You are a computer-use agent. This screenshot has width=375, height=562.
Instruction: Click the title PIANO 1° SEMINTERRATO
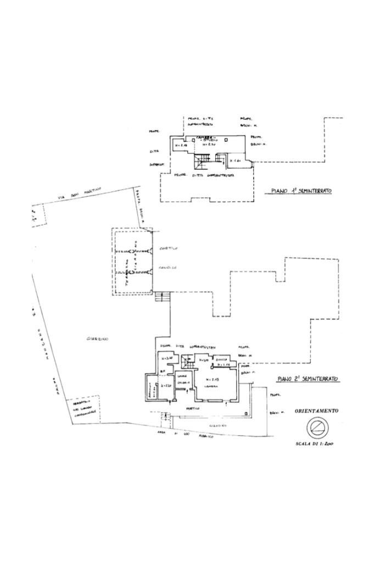tap(301, 191)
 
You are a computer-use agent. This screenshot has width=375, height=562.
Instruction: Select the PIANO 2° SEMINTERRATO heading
tap(307, 379)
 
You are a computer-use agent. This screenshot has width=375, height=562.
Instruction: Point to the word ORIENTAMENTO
tap(316, 411)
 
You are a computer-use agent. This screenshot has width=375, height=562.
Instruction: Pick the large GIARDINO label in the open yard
tap(97, 339)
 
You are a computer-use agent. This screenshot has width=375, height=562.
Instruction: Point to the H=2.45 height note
tap(211, 380)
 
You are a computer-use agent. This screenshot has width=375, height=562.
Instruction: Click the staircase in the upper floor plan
tap(200, 161)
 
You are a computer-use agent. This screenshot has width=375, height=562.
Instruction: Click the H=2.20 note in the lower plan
tap(166, 385)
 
